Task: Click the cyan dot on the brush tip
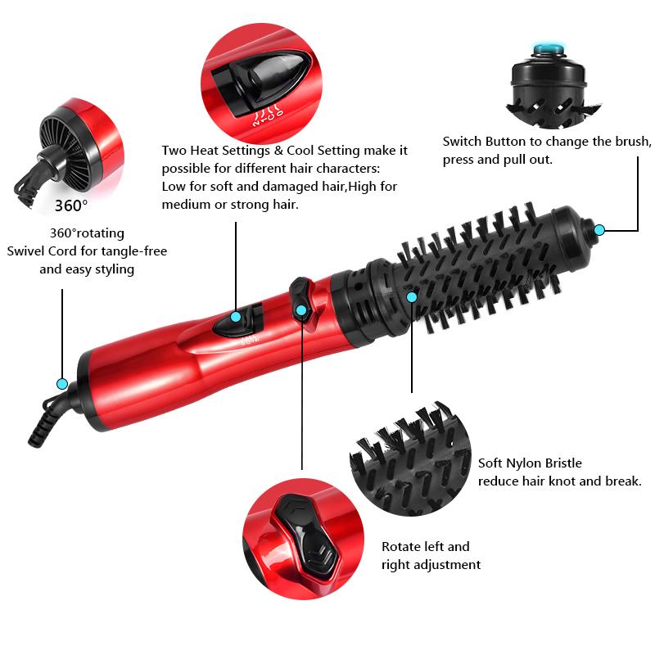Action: pos(599,230)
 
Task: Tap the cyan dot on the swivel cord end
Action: pos(61,383)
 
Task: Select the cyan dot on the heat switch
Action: pos(236,317)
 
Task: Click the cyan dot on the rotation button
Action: pos(301,310)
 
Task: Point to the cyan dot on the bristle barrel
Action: pos(412,296)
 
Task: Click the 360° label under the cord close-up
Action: pos(71,205)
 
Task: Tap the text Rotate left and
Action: pos(426,546)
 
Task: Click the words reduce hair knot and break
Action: pos(559,481)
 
